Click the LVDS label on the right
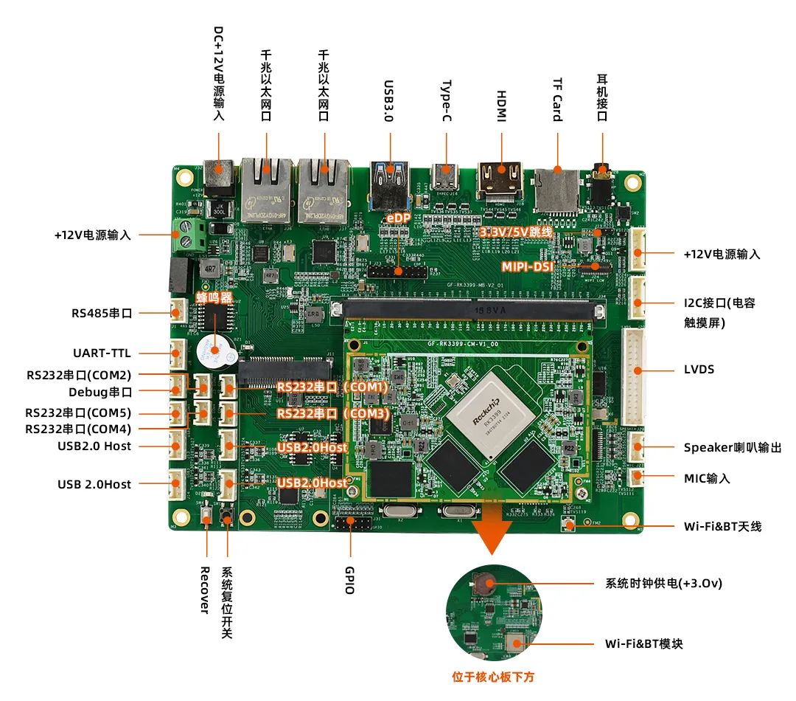[699, 369]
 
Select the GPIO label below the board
[349, 580]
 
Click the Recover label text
[206, 590]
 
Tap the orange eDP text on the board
[398, 218]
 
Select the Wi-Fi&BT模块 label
[643, 643]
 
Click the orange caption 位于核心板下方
[493, 677]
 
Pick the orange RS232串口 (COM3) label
[332, 414]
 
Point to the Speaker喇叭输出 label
[732, 447]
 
